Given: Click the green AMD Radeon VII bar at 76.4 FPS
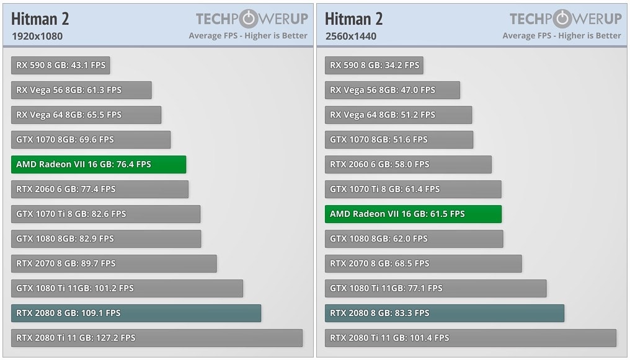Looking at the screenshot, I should click(x=99, y=164).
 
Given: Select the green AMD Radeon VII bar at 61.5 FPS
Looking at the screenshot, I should click(x=413, y=214).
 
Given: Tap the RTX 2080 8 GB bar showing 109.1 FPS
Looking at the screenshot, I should click(x=136, y=313).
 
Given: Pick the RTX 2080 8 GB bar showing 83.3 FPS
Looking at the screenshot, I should click(x=444, y=313).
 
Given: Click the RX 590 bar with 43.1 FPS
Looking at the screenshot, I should click(x=60, y=65).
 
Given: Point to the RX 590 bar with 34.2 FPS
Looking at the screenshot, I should click(x=374, y=65).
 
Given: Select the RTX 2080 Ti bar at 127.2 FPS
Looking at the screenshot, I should click(x=157, y=338).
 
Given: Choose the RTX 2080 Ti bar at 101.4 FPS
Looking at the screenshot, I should click(x=470, y=338).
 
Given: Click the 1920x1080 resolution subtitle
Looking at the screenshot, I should click(x=37, y=36).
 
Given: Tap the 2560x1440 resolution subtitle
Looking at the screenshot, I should click(x=351, y=36).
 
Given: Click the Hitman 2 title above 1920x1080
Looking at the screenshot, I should click(x=40, y=19).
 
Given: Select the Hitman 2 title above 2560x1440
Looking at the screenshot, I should click(x=354, y=19).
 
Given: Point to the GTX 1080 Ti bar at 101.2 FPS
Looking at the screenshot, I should click(x=127, y=288).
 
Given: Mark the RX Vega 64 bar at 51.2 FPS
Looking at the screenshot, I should click(x=398, y=115).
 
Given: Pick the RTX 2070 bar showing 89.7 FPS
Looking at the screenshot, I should click(x=114, y=263).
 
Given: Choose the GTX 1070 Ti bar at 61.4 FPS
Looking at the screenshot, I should click(x=413, y=189).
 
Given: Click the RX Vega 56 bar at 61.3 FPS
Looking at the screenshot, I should click(x=81, y=90).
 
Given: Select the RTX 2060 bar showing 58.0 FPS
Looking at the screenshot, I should click(x=408, y=164).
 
